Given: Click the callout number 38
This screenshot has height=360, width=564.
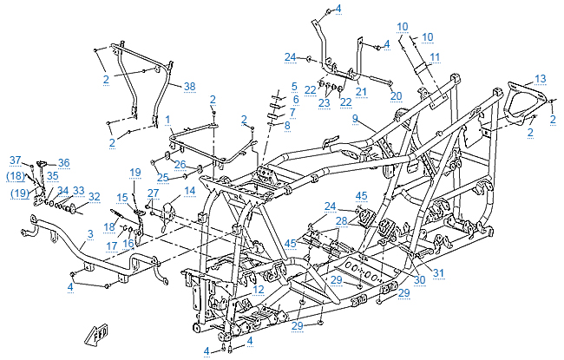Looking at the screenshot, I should [x=189, y=86].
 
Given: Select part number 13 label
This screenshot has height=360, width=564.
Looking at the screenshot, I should [x=540, y=78].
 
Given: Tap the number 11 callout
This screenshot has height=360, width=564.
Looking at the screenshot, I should [x=435, y=57].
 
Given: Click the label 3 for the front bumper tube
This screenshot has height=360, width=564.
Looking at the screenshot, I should [x=90, y=234].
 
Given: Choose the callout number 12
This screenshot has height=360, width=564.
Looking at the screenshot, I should [x=259, y=289].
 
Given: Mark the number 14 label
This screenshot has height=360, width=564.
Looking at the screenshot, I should [x=189, y=190].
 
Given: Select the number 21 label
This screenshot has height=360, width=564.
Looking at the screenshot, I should [x=362, y=91].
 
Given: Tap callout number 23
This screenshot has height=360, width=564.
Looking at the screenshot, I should [x=324, y=102].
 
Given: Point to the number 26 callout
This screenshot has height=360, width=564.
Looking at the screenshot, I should [x=180, y=164].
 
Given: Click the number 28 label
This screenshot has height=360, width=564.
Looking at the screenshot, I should [x=342, y=221].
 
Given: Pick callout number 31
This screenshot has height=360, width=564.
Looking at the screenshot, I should [x=437, y=275].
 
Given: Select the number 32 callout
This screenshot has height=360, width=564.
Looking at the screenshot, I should [x=94, y=197].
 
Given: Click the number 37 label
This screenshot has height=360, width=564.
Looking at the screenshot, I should [x=15, y=160].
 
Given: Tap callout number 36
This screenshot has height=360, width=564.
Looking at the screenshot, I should [x=63, y=162].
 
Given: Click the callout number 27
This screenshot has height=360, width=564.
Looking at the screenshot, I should [x=153, y=193].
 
